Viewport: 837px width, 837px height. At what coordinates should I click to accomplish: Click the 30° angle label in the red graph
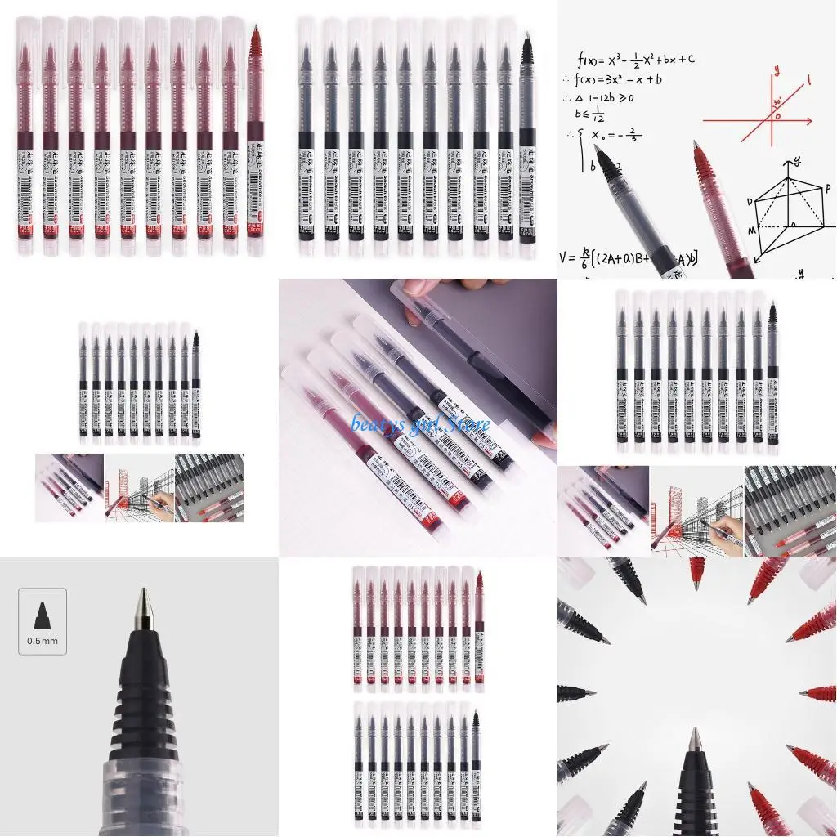[776, 104]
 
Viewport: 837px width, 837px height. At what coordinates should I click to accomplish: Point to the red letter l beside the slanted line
[808, 79]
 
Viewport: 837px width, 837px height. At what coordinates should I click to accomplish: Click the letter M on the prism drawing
[751, 231]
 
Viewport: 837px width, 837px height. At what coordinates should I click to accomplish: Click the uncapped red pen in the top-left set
[255, 131]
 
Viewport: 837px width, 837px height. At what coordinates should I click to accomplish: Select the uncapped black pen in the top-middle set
[526, 131]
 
